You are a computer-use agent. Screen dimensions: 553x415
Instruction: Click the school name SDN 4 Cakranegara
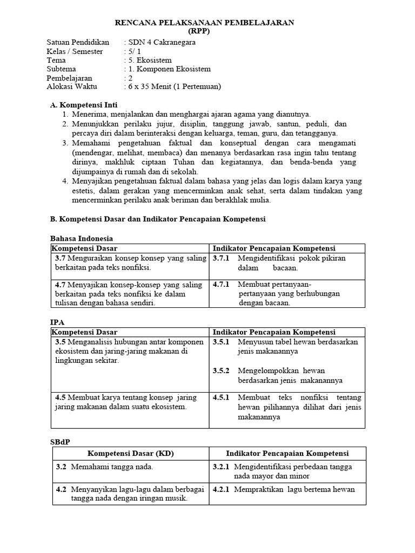(x=161, y=42)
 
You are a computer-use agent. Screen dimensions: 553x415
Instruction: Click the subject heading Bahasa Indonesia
(x=82, y=238)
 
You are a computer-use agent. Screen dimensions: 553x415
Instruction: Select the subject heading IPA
(x=57, y=322)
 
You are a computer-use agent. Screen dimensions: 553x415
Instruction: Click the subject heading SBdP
(x=61, y=442)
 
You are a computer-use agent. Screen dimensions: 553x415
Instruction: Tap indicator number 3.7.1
(x=221, y=258)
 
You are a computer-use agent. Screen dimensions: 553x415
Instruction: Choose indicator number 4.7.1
(x=221, y=284)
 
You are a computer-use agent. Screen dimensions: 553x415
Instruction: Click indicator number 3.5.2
(x=221, y=371)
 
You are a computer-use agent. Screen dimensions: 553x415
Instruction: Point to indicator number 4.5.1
(x=221, y=397)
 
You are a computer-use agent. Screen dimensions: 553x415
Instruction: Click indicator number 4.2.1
(x=221, y=489)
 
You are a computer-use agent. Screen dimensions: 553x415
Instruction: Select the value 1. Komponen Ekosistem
(x=169, y=69)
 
